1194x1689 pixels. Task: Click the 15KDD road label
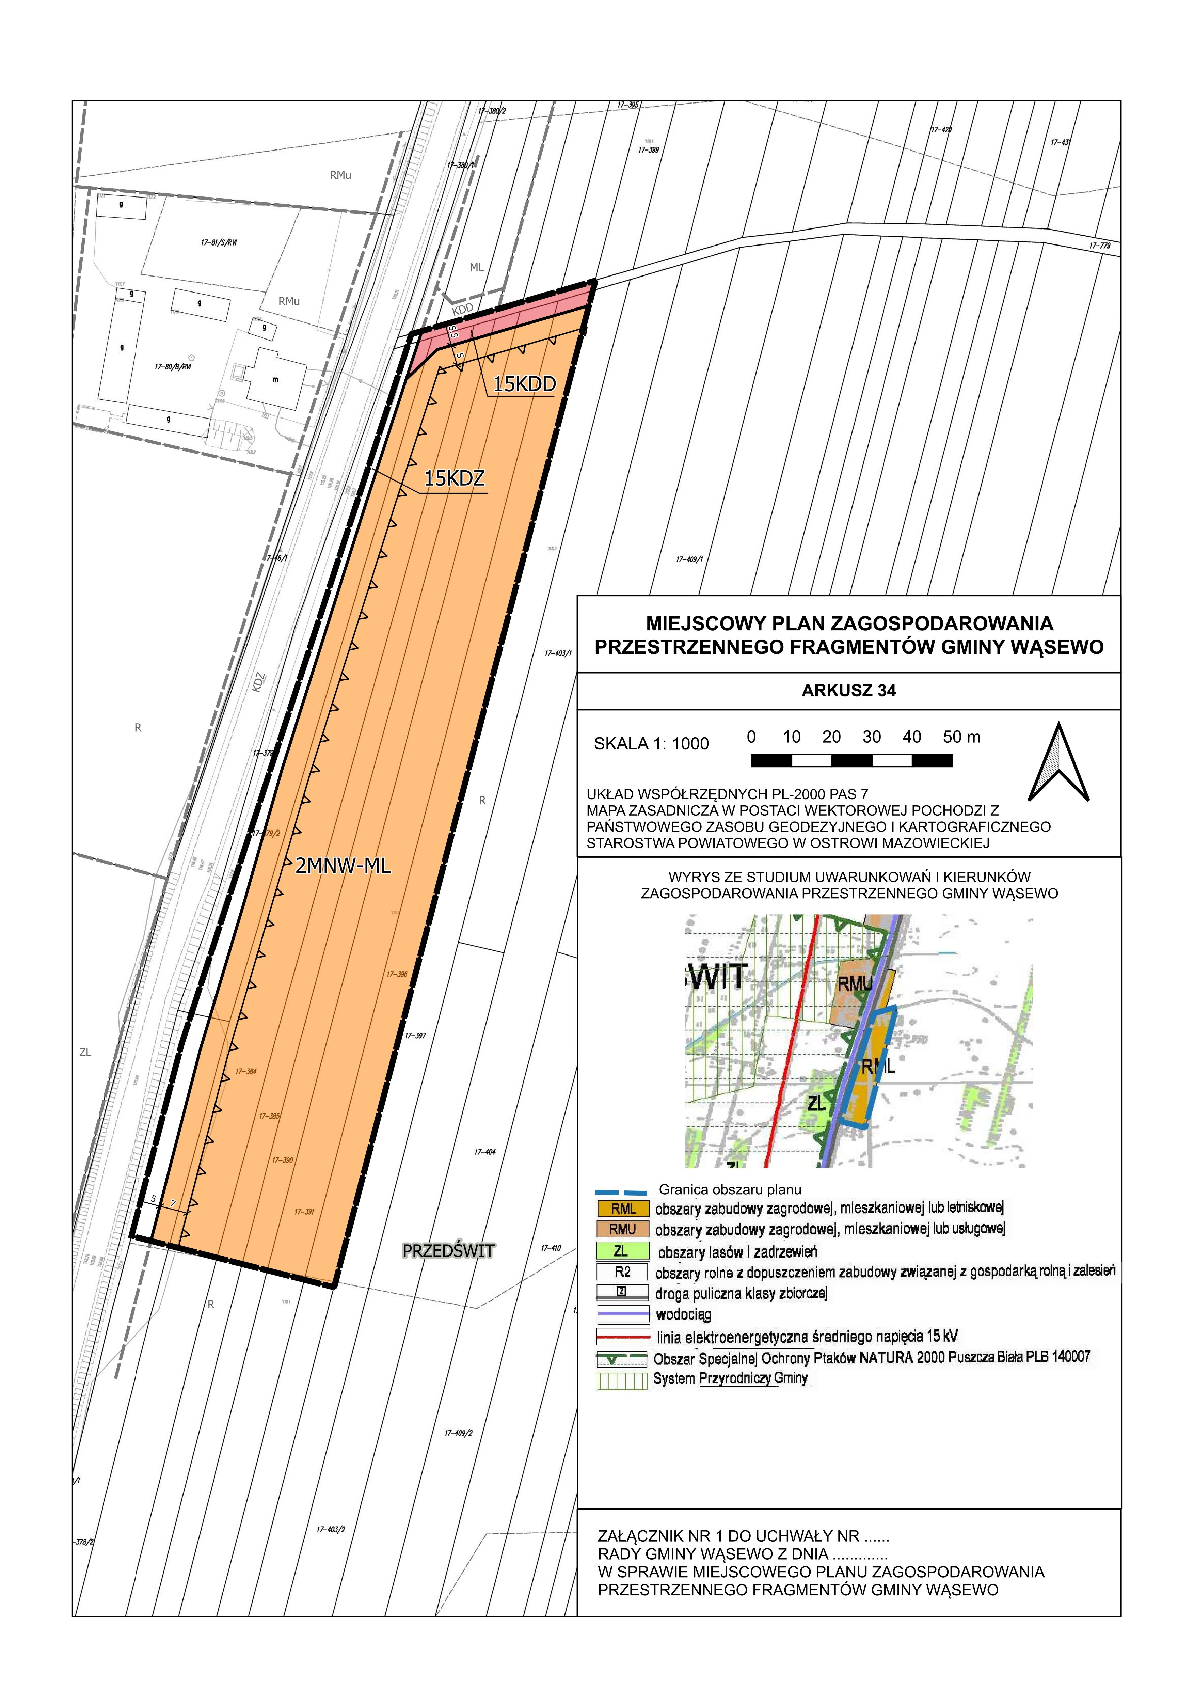pyautogui.click(x=524, y=383)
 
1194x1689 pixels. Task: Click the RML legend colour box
pyautogui.click(x=623, y=1209)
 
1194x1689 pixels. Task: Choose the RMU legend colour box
pyautogui.click(x=623, y=1229)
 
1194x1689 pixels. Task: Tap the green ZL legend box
pyautogui.click(x=623, y=1250)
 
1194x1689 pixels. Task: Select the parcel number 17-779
pyautogui.click(x=1100, y=246)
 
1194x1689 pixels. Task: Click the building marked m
pyautogui.click(x=276, y=379)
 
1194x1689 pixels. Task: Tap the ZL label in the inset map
pyautogui.click(x=815, y=1103)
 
